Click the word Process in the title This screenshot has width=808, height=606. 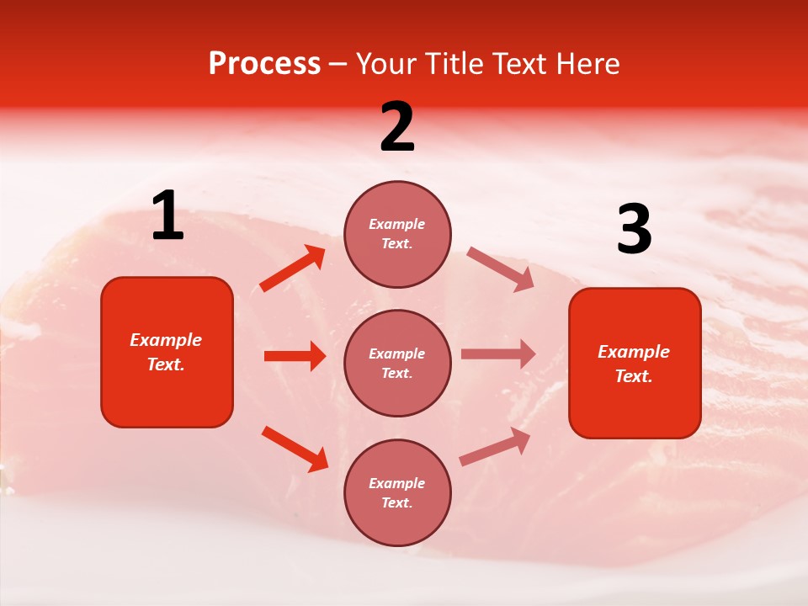click(264, 64)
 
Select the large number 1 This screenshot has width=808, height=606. click(167, 216)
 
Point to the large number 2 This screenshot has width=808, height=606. click(397, 127)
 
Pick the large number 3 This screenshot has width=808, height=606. click(634, 229)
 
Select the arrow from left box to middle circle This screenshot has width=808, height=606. click(295, 356)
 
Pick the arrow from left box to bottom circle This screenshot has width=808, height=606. click(295, 449)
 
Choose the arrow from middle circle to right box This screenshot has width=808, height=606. click(498, 353)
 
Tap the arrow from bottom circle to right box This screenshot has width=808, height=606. click(495, 446)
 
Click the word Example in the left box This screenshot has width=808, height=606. click(166, 340)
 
